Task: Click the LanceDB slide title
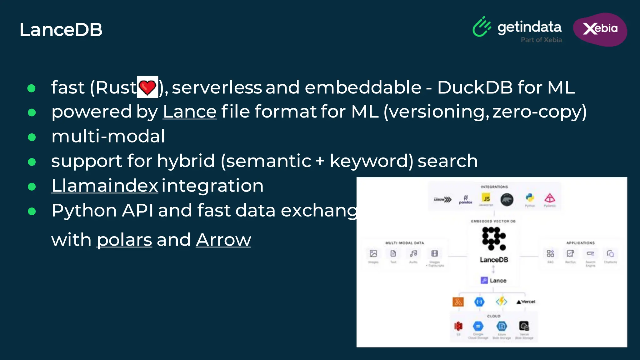61,30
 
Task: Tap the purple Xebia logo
600,29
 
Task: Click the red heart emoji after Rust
147,87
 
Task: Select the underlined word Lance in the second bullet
190,112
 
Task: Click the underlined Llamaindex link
105,186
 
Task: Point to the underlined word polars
124,240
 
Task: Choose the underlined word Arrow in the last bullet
223,240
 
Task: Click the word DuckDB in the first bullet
475,87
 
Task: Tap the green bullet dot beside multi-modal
32,137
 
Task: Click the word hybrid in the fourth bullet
186,161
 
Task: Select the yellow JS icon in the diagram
486,198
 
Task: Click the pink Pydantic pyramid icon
550,198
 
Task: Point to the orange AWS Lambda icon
458,302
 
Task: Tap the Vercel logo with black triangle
526,302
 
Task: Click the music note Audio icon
413,253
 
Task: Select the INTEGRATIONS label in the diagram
494,187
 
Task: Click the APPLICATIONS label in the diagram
580,243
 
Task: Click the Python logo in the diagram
530,198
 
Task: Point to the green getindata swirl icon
482,27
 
